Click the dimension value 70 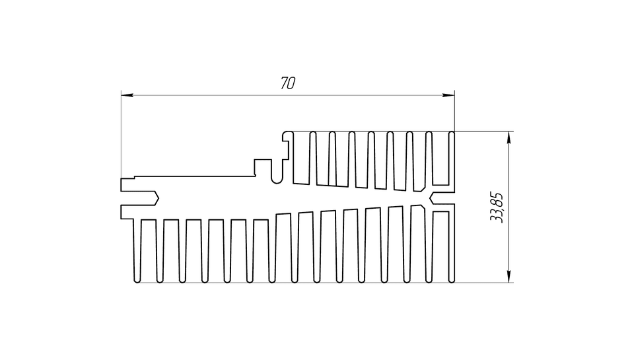288,83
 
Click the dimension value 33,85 496,207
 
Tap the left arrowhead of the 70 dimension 127,96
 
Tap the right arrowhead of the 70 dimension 448,96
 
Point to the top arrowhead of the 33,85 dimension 509,137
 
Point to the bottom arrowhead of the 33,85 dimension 509,276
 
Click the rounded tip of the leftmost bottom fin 137,280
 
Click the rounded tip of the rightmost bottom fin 451,280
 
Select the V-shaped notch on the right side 432,198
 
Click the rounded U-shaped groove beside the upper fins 277,178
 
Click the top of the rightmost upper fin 451,133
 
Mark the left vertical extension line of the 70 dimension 122,135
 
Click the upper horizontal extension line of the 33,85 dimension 484,131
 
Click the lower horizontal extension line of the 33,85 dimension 484,282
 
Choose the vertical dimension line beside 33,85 509,207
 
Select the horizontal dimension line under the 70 288,96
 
